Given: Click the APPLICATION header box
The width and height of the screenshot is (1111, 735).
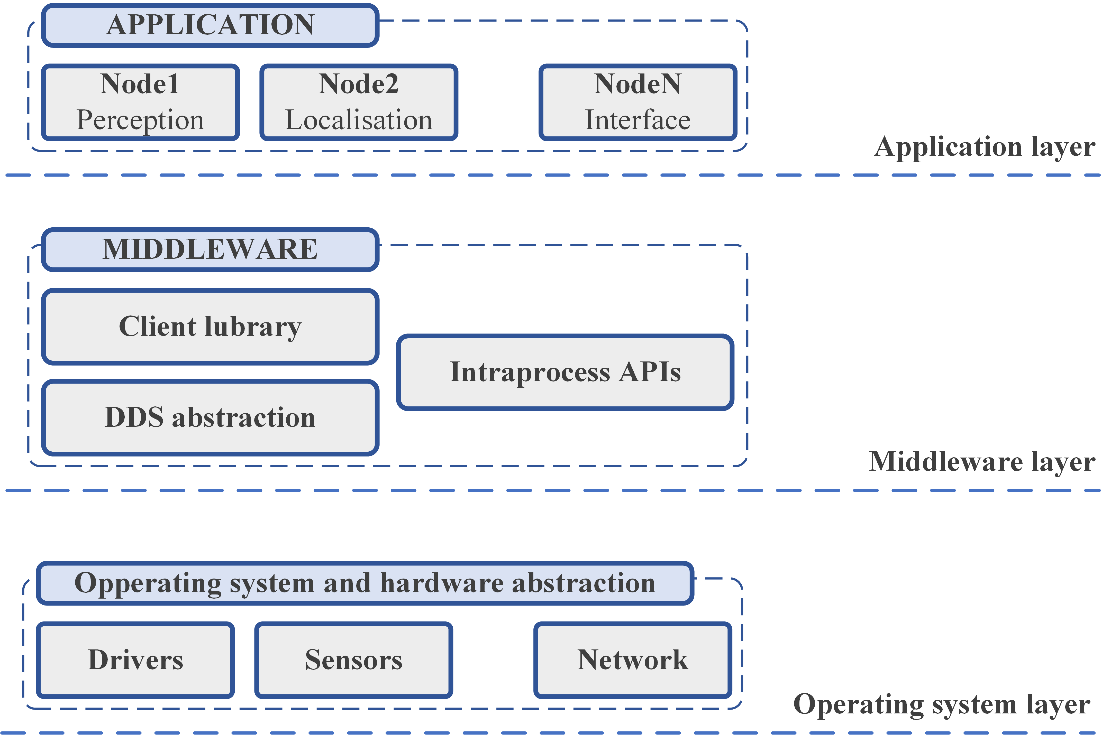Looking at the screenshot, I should click(x=210, y=25).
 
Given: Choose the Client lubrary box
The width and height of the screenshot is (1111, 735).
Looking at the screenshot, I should click(x=210, y=327).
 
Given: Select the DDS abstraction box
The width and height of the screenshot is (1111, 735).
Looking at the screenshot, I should click(x=210, y=417).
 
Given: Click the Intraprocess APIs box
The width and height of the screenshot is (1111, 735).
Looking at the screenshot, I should click(x=565, y=372).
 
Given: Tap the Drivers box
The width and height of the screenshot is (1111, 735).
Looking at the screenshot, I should click(x=135, y=660).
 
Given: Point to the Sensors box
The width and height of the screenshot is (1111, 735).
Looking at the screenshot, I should click(x=354, y=660).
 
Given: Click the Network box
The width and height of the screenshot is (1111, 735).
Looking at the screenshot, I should click(x=633, y=660).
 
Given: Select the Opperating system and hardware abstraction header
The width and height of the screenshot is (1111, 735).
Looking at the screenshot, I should click(x=365, y=583).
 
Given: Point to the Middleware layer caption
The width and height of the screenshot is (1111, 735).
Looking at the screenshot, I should click(x=982, y=462).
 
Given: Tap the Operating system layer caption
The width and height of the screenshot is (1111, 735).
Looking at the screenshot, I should click(x=942, y=704).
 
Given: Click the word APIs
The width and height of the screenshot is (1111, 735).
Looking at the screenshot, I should click(x=650, y=372).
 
